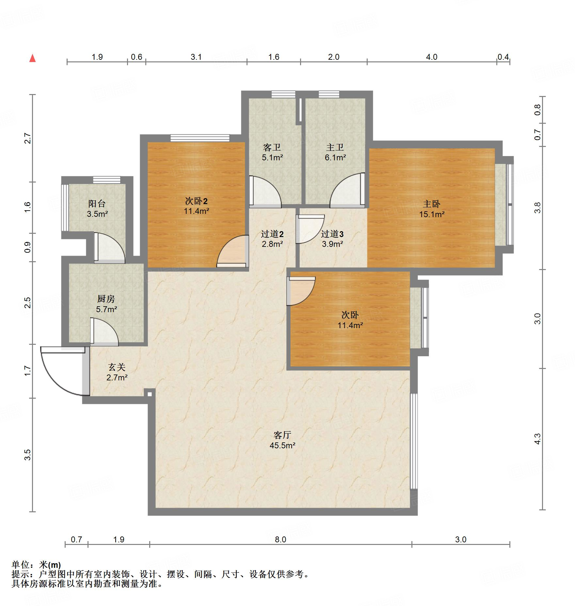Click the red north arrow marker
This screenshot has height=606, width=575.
coord(32,58)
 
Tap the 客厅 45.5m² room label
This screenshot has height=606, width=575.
coord(282,440)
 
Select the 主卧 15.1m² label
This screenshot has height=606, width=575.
coord(432,209)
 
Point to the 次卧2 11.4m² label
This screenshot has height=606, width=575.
coord(196,206)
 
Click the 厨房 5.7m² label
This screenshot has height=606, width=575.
coord(106,304)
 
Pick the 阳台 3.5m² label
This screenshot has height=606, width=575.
coord(97,209)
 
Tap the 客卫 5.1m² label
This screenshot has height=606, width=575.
coord(272,152)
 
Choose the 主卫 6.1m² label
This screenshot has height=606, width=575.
coord(335,152)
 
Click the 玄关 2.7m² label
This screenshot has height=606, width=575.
coord(117,372)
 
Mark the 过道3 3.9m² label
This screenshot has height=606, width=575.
coord(332,239)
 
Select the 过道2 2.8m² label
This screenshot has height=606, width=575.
coord(272,239)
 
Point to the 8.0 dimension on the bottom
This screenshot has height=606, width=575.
coord(280,539)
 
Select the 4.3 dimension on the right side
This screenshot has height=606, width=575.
coord(537,439)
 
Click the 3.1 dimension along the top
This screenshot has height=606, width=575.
coord(196,57)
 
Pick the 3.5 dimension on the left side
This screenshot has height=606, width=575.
coord(28,455)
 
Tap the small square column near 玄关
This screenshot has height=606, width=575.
coord(150,394)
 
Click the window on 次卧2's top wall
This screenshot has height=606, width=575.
coord(200,138)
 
